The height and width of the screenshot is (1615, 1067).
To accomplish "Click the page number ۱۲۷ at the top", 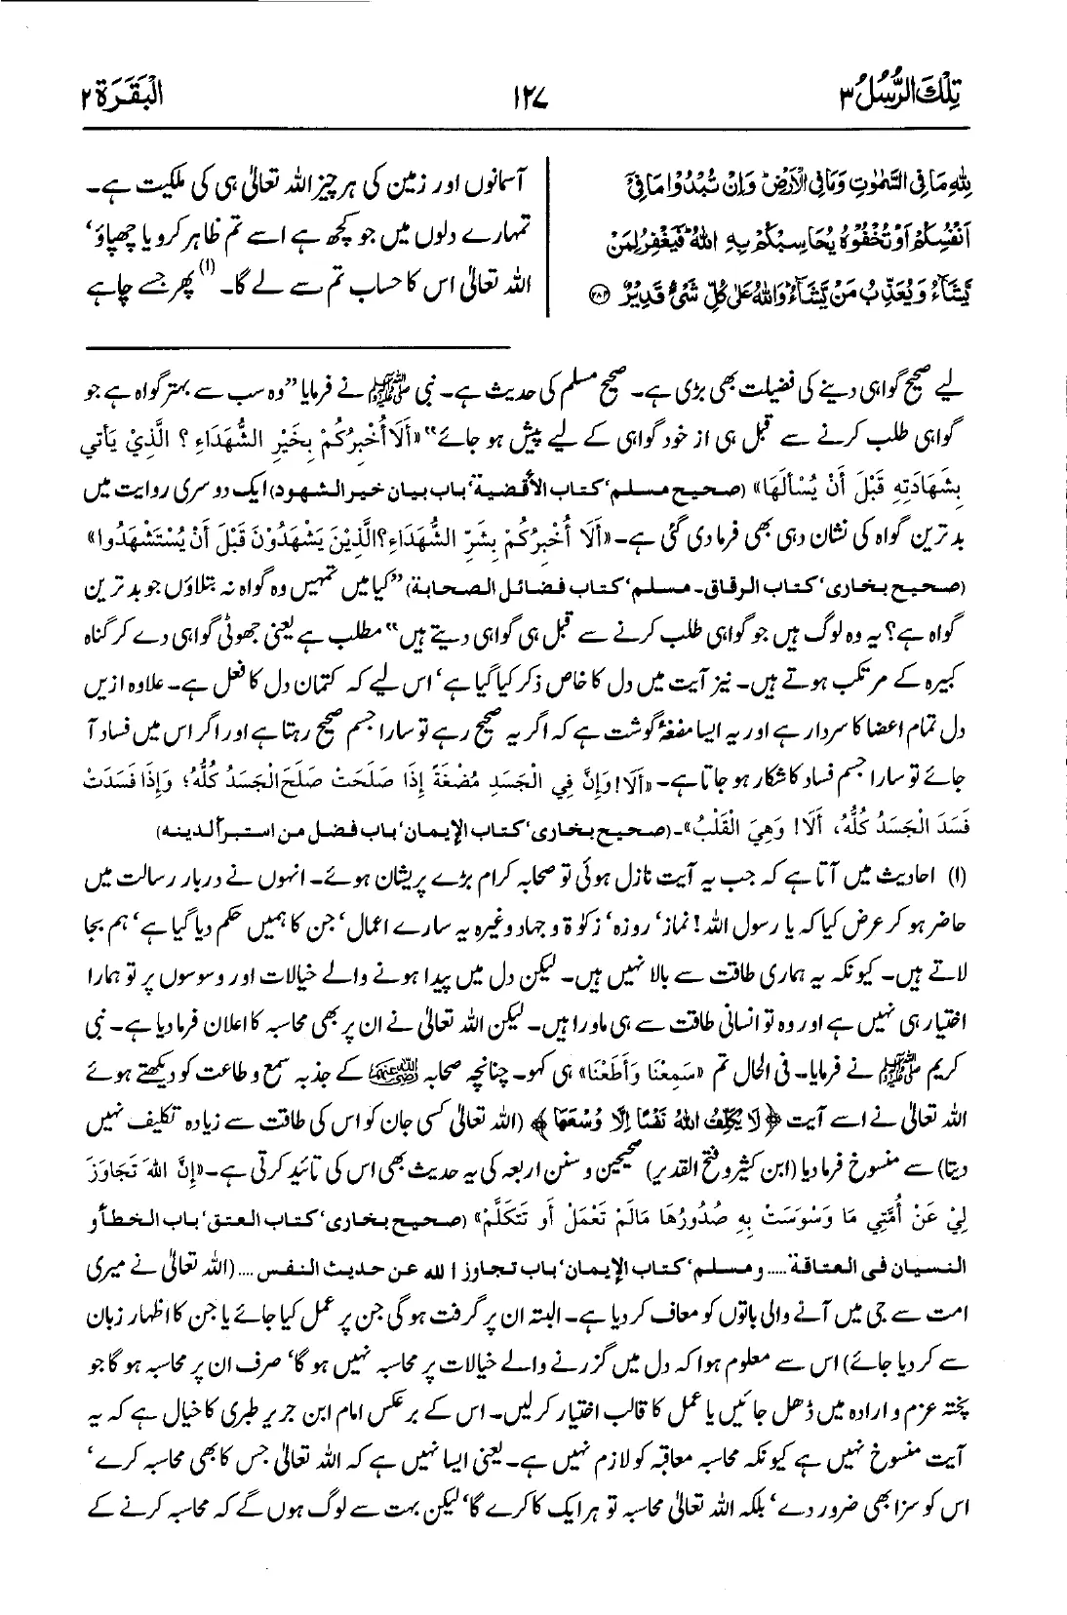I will click(x=523, y=98).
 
